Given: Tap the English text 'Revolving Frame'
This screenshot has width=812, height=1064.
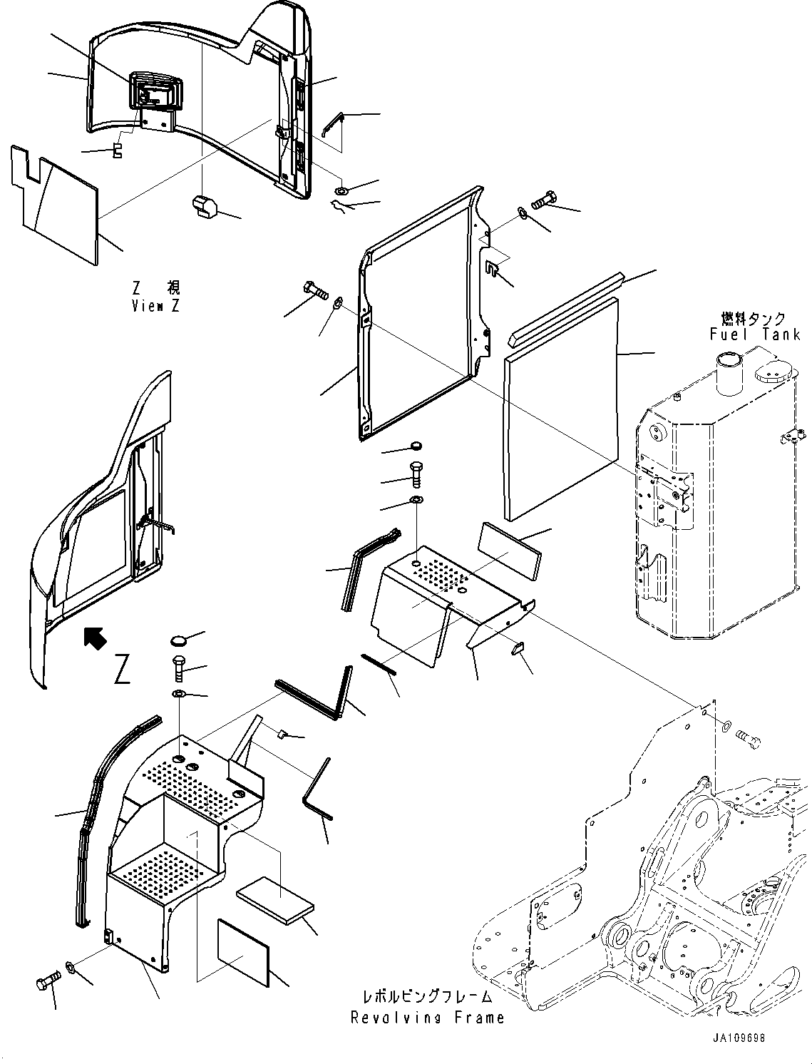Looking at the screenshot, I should [x=427, y=1018].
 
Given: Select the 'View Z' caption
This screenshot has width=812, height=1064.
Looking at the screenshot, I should [x=156, y=305].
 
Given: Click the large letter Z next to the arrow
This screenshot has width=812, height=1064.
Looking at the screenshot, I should [x=122, y=670].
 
